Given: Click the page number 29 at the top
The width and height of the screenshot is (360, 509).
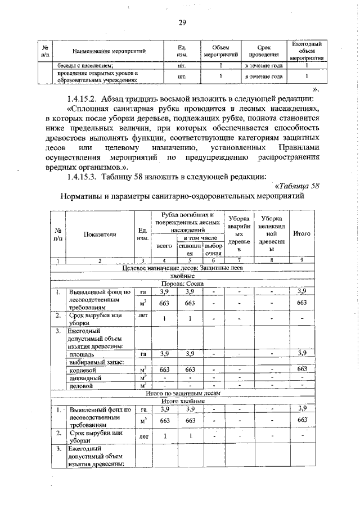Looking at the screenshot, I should point(182,23).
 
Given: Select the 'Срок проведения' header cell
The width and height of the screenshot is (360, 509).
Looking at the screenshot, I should point(263,51).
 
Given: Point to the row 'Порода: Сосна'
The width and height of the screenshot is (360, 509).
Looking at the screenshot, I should point(182,284).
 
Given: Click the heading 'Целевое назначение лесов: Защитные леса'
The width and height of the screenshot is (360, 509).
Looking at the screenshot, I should point(182,269).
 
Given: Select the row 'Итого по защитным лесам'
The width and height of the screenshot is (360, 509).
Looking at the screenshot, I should point(182,394).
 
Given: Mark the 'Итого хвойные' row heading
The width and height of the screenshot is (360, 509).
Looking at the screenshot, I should point(182,401).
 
